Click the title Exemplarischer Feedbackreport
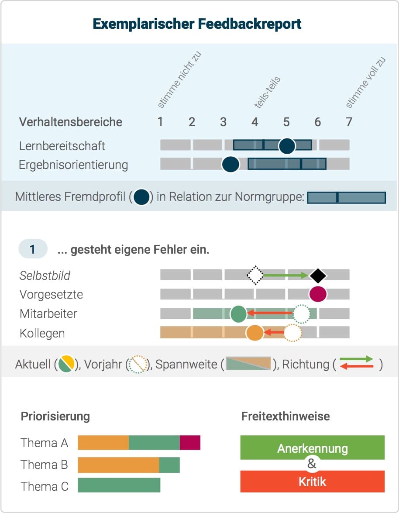point(197,24)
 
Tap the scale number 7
point(349,122)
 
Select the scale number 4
point(255,122)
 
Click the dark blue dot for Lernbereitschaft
point(287,145)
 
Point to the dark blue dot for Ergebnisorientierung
point(230,164)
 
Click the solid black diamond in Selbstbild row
point(318,275)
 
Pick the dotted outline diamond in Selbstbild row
point(255,275)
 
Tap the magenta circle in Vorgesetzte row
point(318,294)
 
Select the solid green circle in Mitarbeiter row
point(238,314)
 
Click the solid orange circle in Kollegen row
point(255,333)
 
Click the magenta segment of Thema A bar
point(190,443)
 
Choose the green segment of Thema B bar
point(169,465)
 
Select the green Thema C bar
point(119,485)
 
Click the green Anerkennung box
point(312,447)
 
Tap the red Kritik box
point(312,481)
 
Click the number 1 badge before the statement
point(33,249)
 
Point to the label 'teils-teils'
point(268,92)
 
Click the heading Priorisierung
point(55,417)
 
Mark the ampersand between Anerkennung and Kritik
point(312,464)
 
